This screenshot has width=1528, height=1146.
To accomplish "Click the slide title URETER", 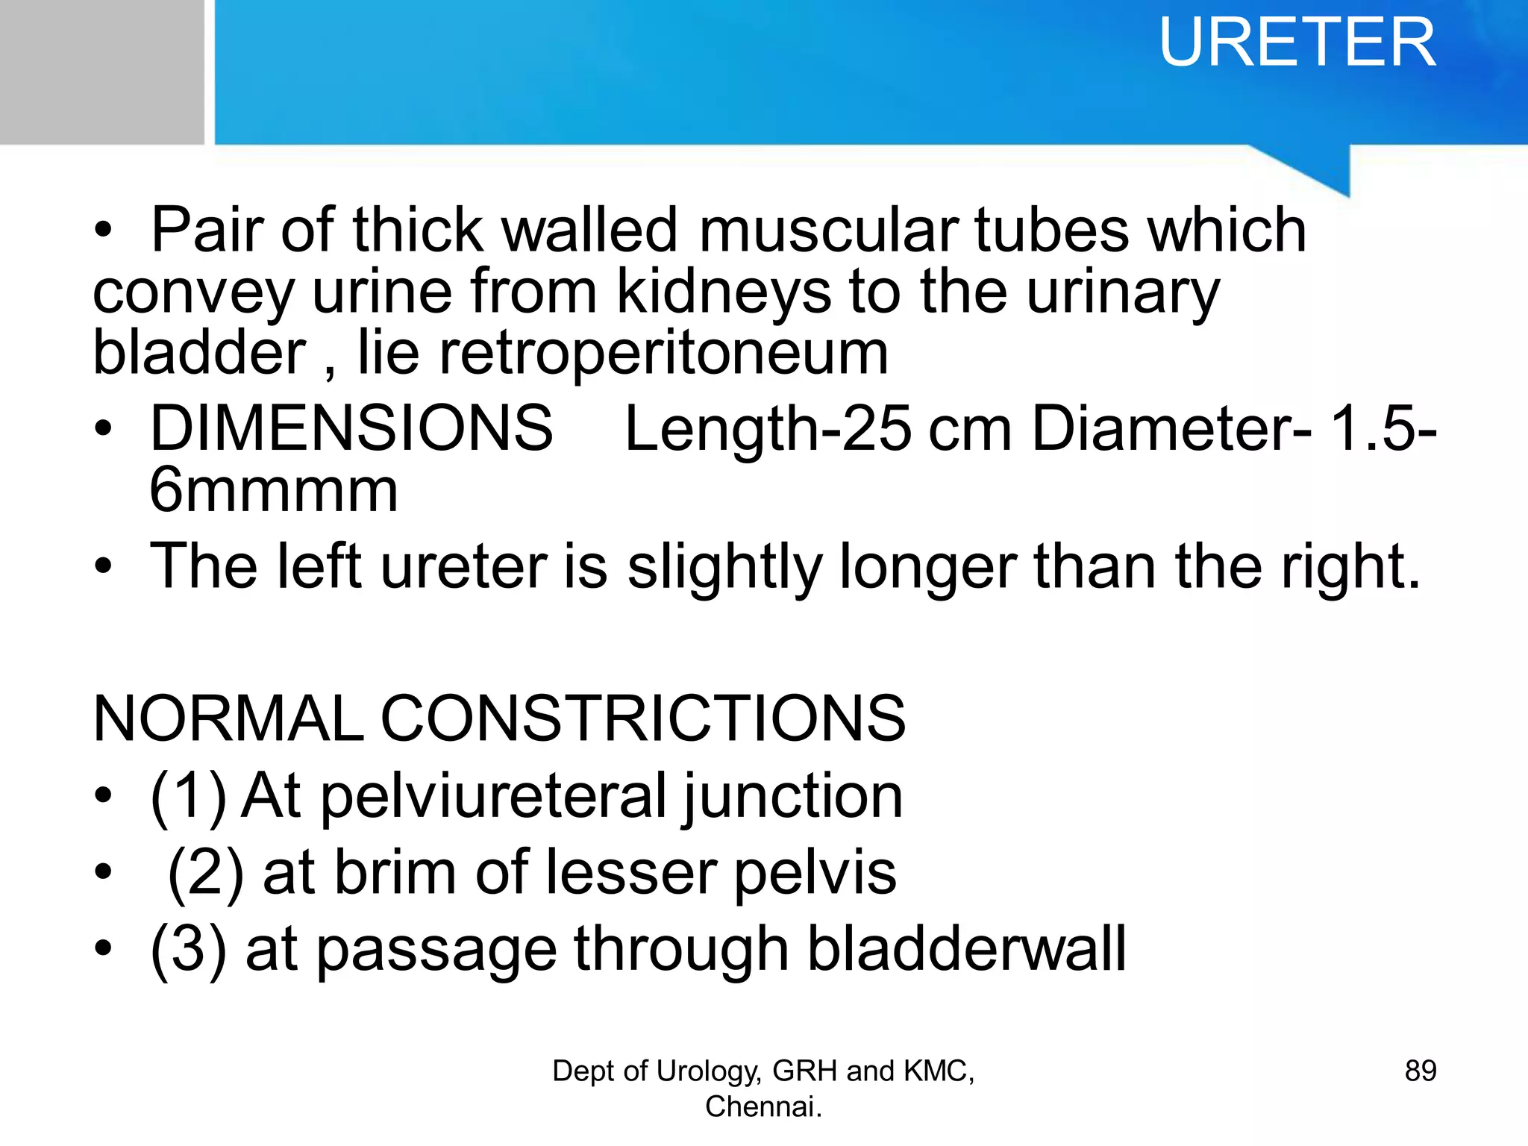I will pos(1297,43).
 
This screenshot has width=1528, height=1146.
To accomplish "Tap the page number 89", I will pos(1420,1071).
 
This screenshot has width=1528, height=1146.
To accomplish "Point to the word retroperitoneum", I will pos(663,353).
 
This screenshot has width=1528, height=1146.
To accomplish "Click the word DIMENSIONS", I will pos(351,428).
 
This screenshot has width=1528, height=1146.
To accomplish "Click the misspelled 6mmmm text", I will pos(273,491).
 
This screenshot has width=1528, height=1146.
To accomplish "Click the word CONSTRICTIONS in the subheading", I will pos(643,718).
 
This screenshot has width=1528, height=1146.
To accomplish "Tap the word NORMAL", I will pos(228,718).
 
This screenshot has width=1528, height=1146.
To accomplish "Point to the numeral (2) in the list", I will pos(206,873).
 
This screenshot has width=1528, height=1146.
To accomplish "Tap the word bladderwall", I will pos(966,950).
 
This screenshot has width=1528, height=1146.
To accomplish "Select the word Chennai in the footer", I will pos(761,1106).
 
